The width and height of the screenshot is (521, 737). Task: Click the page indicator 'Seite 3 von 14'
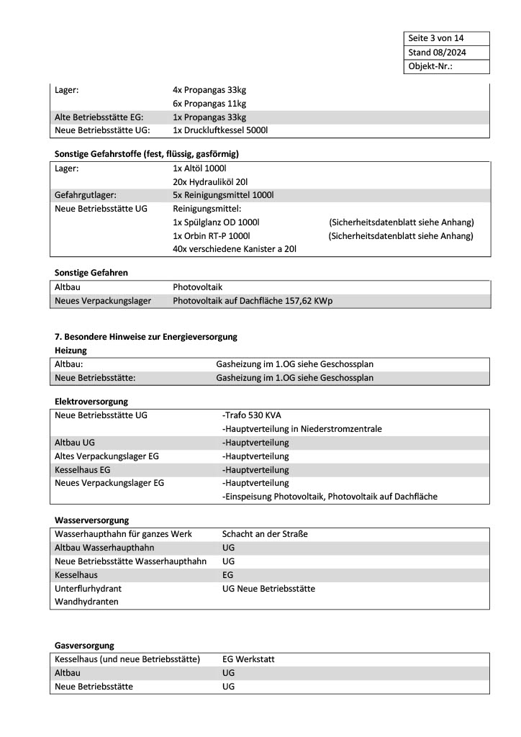[x=437, y=38]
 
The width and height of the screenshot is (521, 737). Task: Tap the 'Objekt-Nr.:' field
[x=430, y=66]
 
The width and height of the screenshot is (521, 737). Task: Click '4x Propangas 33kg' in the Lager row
[x=209, y=90]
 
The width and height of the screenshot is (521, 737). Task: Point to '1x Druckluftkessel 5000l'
[x=220, y=130]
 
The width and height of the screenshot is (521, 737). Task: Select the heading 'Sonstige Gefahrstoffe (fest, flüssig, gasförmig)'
[x=147, y=154]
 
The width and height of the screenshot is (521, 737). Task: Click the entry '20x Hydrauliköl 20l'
[x=210, y=181]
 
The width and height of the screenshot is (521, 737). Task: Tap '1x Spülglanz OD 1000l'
[x=216, y=222]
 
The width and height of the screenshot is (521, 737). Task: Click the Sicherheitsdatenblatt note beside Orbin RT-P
[x=401, y=235]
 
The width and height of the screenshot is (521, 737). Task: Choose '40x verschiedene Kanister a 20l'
[x=235, y=249]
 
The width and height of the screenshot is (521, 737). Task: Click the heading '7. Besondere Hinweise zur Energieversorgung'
[x=146, y=337]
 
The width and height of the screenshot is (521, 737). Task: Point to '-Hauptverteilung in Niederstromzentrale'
[x=302, y=429]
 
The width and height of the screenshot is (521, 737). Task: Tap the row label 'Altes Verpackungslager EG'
[x=101, y=456]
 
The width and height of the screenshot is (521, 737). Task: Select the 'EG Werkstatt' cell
[x=248, y=659]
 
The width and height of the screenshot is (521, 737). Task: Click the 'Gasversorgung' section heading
[x=84, y=646]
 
